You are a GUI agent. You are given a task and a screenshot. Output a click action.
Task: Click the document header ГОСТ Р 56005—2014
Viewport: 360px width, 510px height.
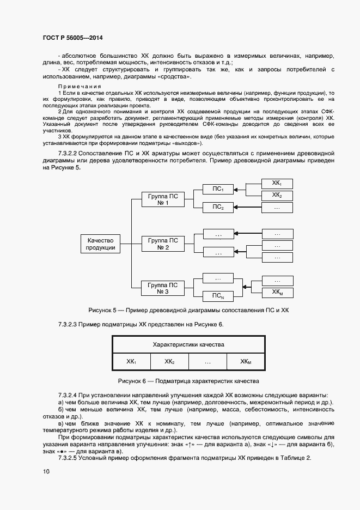point(72,38)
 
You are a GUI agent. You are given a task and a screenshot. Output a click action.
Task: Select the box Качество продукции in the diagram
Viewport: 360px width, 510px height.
point(100,244)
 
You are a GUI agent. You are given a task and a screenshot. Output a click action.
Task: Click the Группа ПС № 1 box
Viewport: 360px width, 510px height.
point(163,199)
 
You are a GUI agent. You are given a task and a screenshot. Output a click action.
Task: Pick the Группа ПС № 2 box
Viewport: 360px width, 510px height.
point(163,244)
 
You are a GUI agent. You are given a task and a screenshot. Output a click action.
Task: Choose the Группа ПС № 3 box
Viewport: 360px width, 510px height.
point(163,288)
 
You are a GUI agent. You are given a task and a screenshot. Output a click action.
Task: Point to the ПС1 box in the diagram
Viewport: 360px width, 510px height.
point(218,189)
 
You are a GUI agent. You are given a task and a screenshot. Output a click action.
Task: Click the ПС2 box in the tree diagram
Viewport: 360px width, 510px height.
point(218,207)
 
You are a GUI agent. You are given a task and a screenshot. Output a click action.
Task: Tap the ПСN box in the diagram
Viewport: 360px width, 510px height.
point(218,296)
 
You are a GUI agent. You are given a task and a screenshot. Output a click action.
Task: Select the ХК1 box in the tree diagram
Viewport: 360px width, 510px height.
point(277,183)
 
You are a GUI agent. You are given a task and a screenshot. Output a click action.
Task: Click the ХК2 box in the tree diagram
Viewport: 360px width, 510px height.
point(277,195)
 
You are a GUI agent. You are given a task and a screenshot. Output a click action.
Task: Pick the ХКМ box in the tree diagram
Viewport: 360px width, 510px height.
point(277,293)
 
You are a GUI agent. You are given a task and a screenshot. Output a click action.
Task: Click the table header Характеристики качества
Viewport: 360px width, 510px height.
point(188,345)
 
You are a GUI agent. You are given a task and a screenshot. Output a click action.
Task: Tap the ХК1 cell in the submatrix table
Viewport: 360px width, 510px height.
point(131,362)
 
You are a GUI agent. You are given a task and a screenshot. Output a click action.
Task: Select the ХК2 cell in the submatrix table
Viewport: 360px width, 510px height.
point(169,362)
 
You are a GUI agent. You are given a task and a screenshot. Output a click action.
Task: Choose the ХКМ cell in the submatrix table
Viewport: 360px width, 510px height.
point(246,362)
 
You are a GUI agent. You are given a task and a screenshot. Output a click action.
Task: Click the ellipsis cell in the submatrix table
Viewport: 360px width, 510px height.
point(208,362)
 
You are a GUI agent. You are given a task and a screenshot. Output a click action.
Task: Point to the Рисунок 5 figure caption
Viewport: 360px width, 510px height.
point(188,311)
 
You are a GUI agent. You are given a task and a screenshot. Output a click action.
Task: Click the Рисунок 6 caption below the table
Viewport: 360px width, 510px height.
point(188,381)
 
